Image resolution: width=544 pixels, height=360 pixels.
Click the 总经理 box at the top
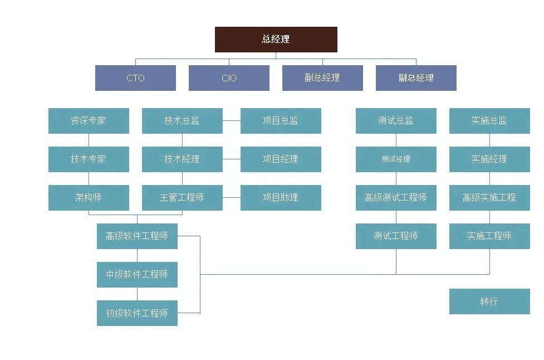pyautogui.click(x=276, y=40)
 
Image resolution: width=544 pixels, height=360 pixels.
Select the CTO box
pyautogui.click(x=135, y=78)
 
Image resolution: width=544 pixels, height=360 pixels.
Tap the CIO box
pyautogui.click(x=229, y=78)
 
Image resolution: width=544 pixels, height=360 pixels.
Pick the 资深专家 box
pyautogui.click(x=89, y=121)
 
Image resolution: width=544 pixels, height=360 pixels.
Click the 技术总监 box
pyautogui.click(x=182, y=121)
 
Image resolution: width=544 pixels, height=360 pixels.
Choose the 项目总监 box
pyautogui.click(x=281, y=121)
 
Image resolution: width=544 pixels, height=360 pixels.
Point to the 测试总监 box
pyautogui.click(x=396, y=121)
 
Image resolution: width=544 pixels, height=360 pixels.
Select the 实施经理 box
pyautogui.click(x=489, y=159)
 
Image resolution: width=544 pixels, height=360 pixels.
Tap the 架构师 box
pyautogui.click(x=89, y=198)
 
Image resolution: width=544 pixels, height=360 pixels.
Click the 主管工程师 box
pyautogui.click(x=182, y=198)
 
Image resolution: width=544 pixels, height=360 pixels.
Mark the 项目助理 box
pyautogui.click(x=281, y=198)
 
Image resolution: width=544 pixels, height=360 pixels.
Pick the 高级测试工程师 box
pyautogui.click(x=396, y=198)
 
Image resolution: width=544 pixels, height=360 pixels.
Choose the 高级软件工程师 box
pyautogui.click(x=137, y=236)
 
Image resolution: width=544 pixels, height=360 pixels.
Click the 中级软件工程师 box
pyautogui.click(x=137, y=275)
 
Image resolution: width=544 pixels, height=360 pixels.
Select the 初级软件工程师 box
pyautogui.click(x=137, y=313)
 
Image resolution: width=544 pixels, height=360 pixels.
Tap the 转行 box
pyautogui.click(x=489, y=301)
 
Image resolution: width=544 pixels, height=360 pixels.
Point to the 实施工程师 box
pyautogui.click(x=489, y=236)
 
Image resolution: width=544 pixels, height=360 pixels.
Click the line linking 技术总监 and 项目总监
pyautogui.click(x=232, y=120)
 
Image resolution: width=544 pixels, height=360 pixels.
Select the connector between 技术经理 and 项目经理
pyautogui.click(x=232, y=159)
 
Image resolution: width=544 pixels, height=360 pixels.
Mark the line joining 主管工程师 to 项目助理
pyautogui.click(x=232, y=197)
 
